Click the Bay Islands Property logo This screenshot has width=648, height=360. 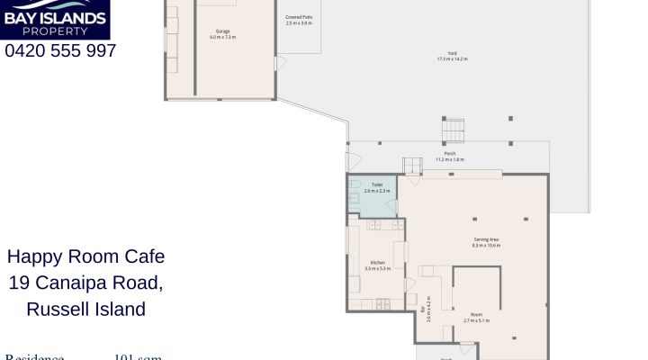55,19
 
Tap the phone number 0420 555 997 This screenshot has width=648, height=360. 60,51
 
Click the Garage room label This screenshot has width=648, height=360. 222,34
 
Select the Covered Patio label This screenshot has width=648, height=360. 299,19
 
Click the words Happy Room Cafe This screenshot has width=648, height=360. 86,256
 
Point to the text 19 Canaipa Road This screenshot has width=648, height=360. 86,283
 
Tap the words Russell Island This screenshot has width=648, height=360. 86,310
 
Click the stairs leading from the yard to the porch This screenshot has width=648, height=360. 454,130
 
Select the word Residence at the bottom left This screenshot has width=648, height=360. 35,356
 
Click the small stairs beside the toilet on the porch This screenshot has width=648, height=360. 412,166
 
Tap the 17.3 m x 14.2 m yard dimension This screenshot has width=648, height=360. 452,58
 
